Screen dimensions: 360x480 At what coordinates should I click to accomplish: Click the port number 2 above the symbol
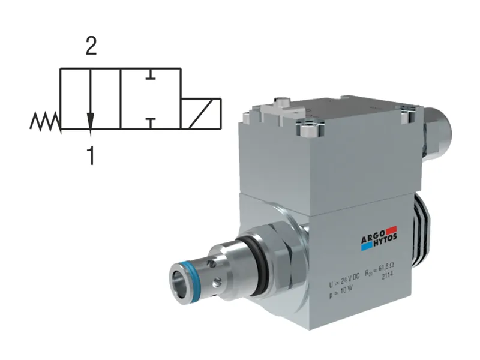[x=91, y=47]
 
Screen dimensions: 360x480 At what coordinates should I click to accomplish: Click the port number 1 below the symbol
[x=91, y=156]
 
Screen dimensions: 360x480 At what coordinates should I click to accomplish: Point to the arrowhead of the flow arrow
[x=90, y=121]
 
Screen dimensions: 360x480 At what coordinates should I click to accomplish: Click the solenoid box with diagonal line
[x=202, y=114]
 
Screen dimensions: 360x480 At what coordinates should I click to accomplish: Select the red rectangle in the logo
[x=391, y=229]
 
